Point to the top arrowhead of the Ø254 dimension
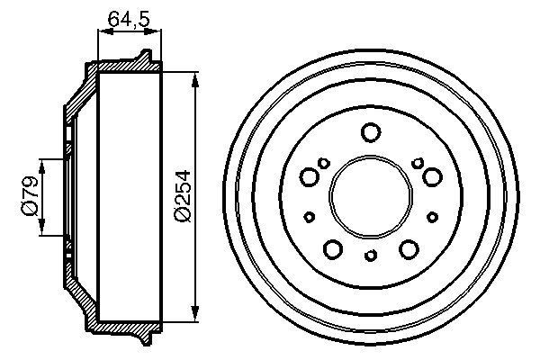[194, 76]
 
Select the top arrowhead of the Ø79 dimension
[41, 163]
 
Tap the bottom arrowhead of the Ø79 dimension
[41, 231]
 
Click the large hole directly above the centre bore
[370, 133]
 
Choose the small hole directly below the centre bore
[370, 256]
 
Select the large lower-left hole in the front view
[333, 248]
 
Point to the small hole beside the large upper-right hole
[417, 162]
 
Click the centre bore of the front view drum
[370, 195]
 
